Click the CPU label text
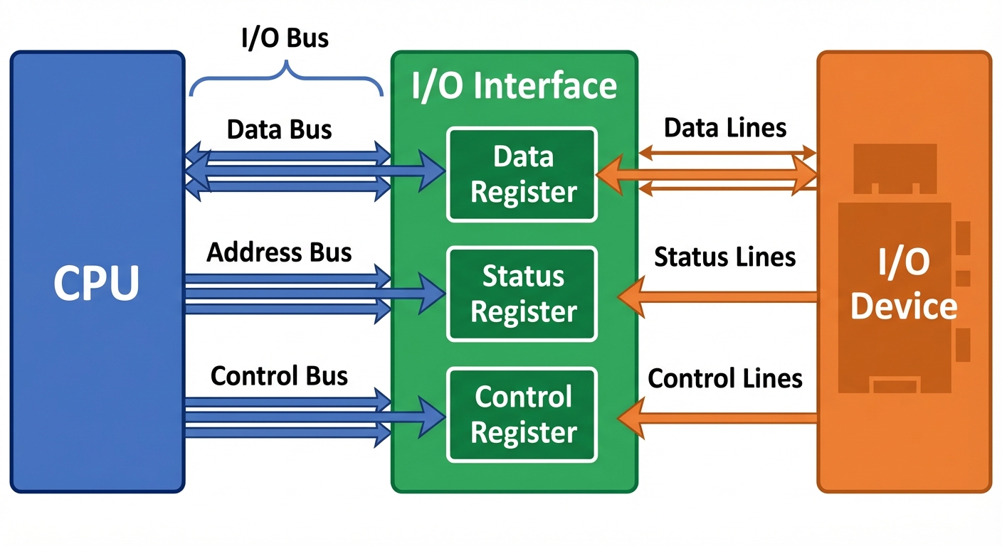97,284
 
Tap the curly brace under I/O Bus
286,78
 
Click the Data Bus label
279,130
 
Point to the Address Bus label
279,252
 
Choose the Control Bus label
279,375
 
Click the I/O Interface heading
514,87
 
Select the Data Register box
522,174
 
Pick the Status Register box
522,294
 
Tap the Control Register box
522,414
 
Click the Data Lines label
724,128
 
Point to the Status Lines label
724,257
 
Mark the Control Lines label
724,378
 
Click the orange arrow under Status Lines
719,296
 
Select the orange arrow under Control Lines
719,417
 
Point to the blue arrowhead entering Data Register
433,171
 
